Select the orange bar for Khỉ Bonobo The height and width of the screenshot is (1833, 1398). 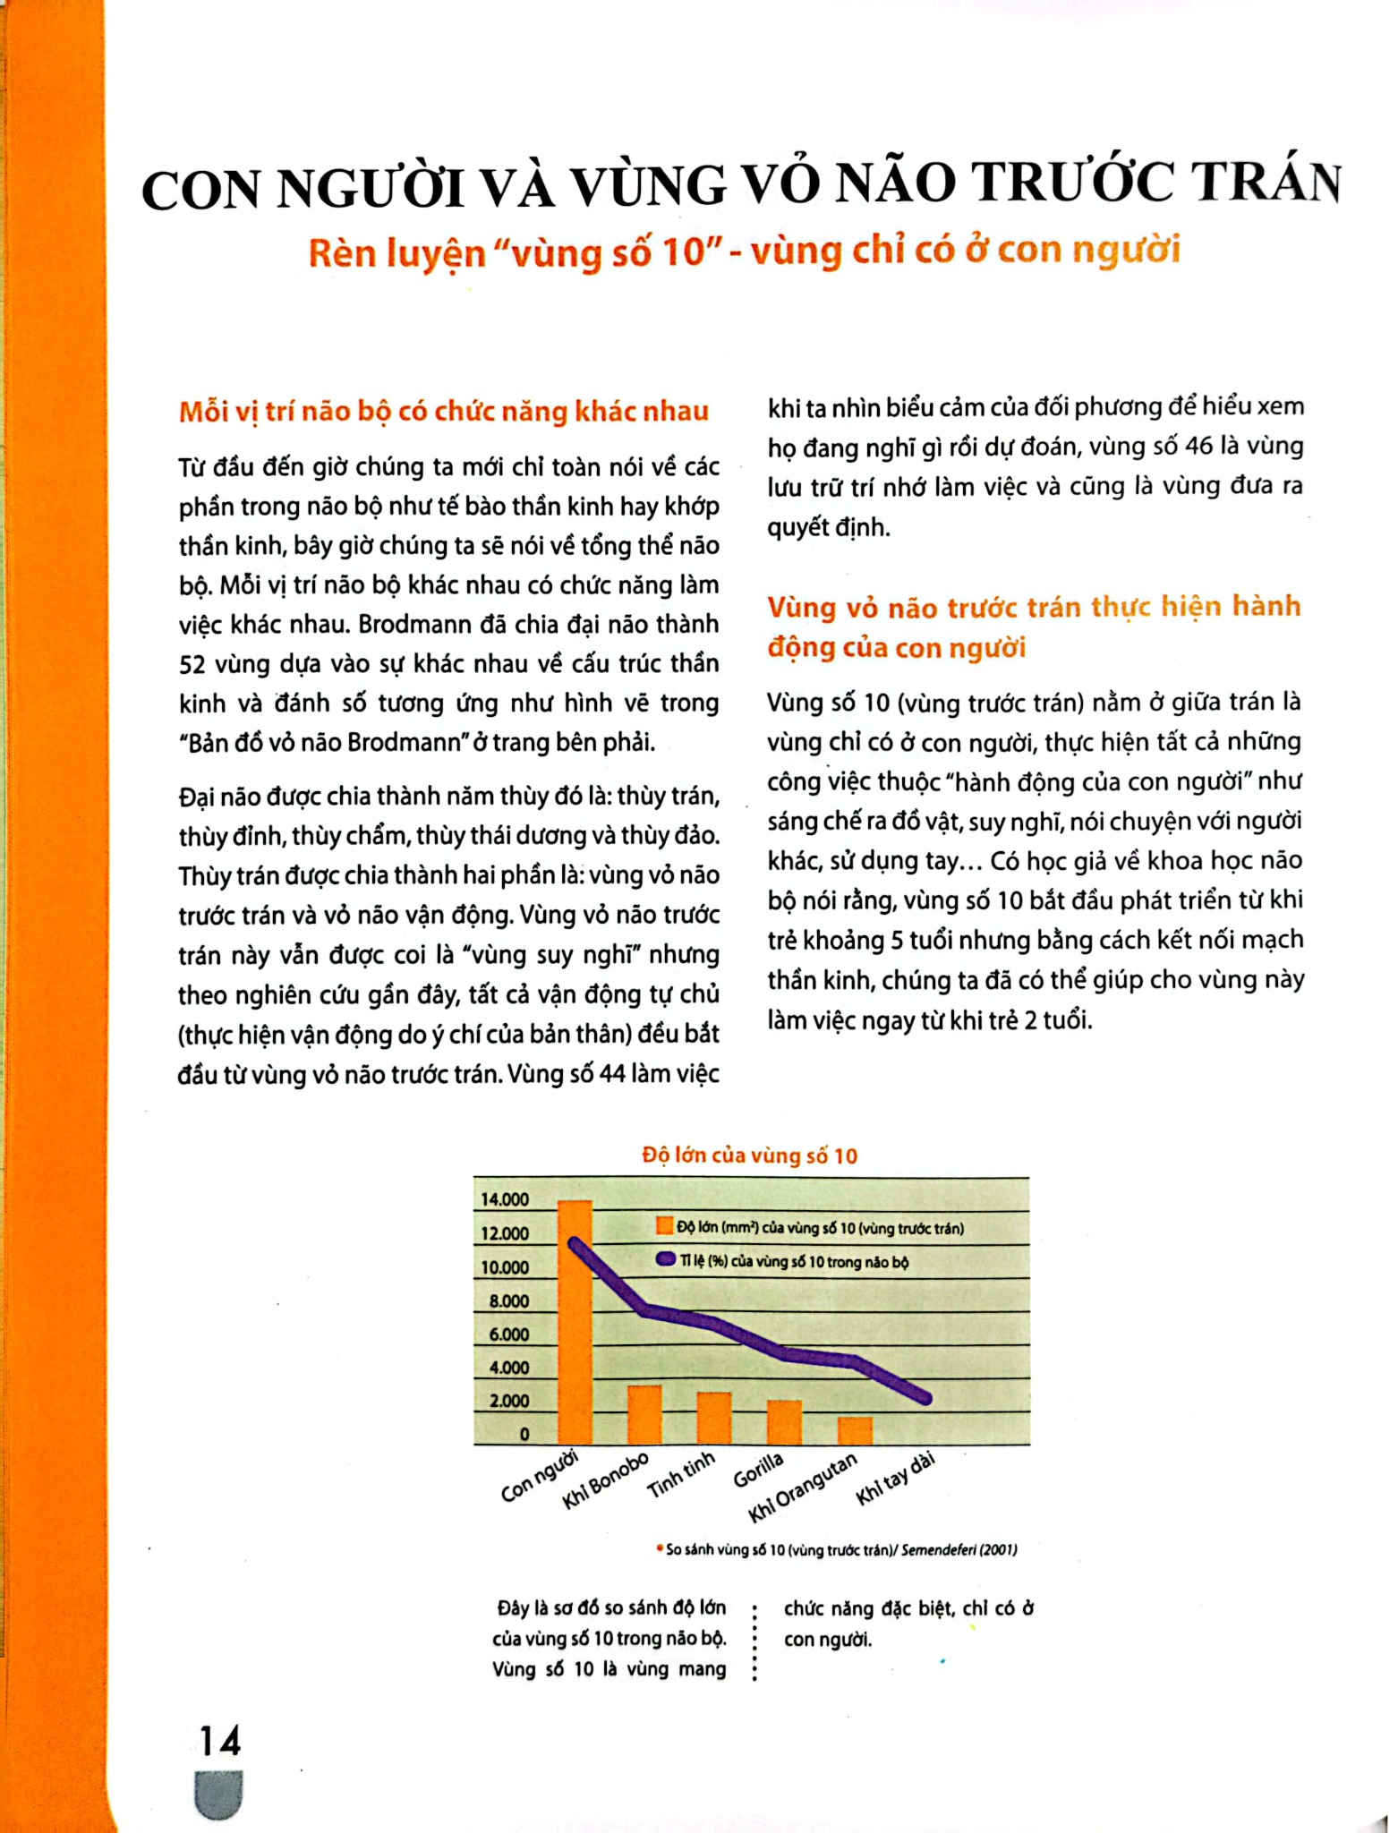pos(644,1414)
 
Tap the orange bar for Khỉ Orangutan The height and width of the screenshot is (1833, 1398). pos(855,1430)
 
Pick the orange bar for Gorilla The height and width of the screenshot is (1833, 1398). pos(785,1422)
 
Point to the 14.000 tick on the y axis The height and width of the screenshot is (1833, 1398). pos(505,1199)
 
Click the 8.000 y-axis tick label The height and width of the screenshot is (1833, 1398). pos(508,1301)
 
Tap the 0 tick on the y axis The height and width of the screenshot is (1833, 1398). pos(524,1434)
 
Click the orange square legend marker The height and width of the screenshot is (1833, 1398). pos(664,1227)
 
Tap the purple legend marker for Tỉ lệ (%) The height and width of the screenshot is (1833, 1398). pos(665,1260)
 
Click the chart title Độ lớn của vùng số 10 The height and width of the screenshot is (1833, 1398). pos(749,1155)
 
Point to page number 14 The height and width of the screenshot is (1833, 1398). pos(219,1741)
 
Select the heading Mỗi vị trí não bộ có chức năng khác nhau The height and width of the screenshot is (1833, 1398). pos(444,412)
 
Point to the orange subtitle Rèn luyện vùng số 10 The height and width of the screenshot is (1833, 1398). pos(744,252)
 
